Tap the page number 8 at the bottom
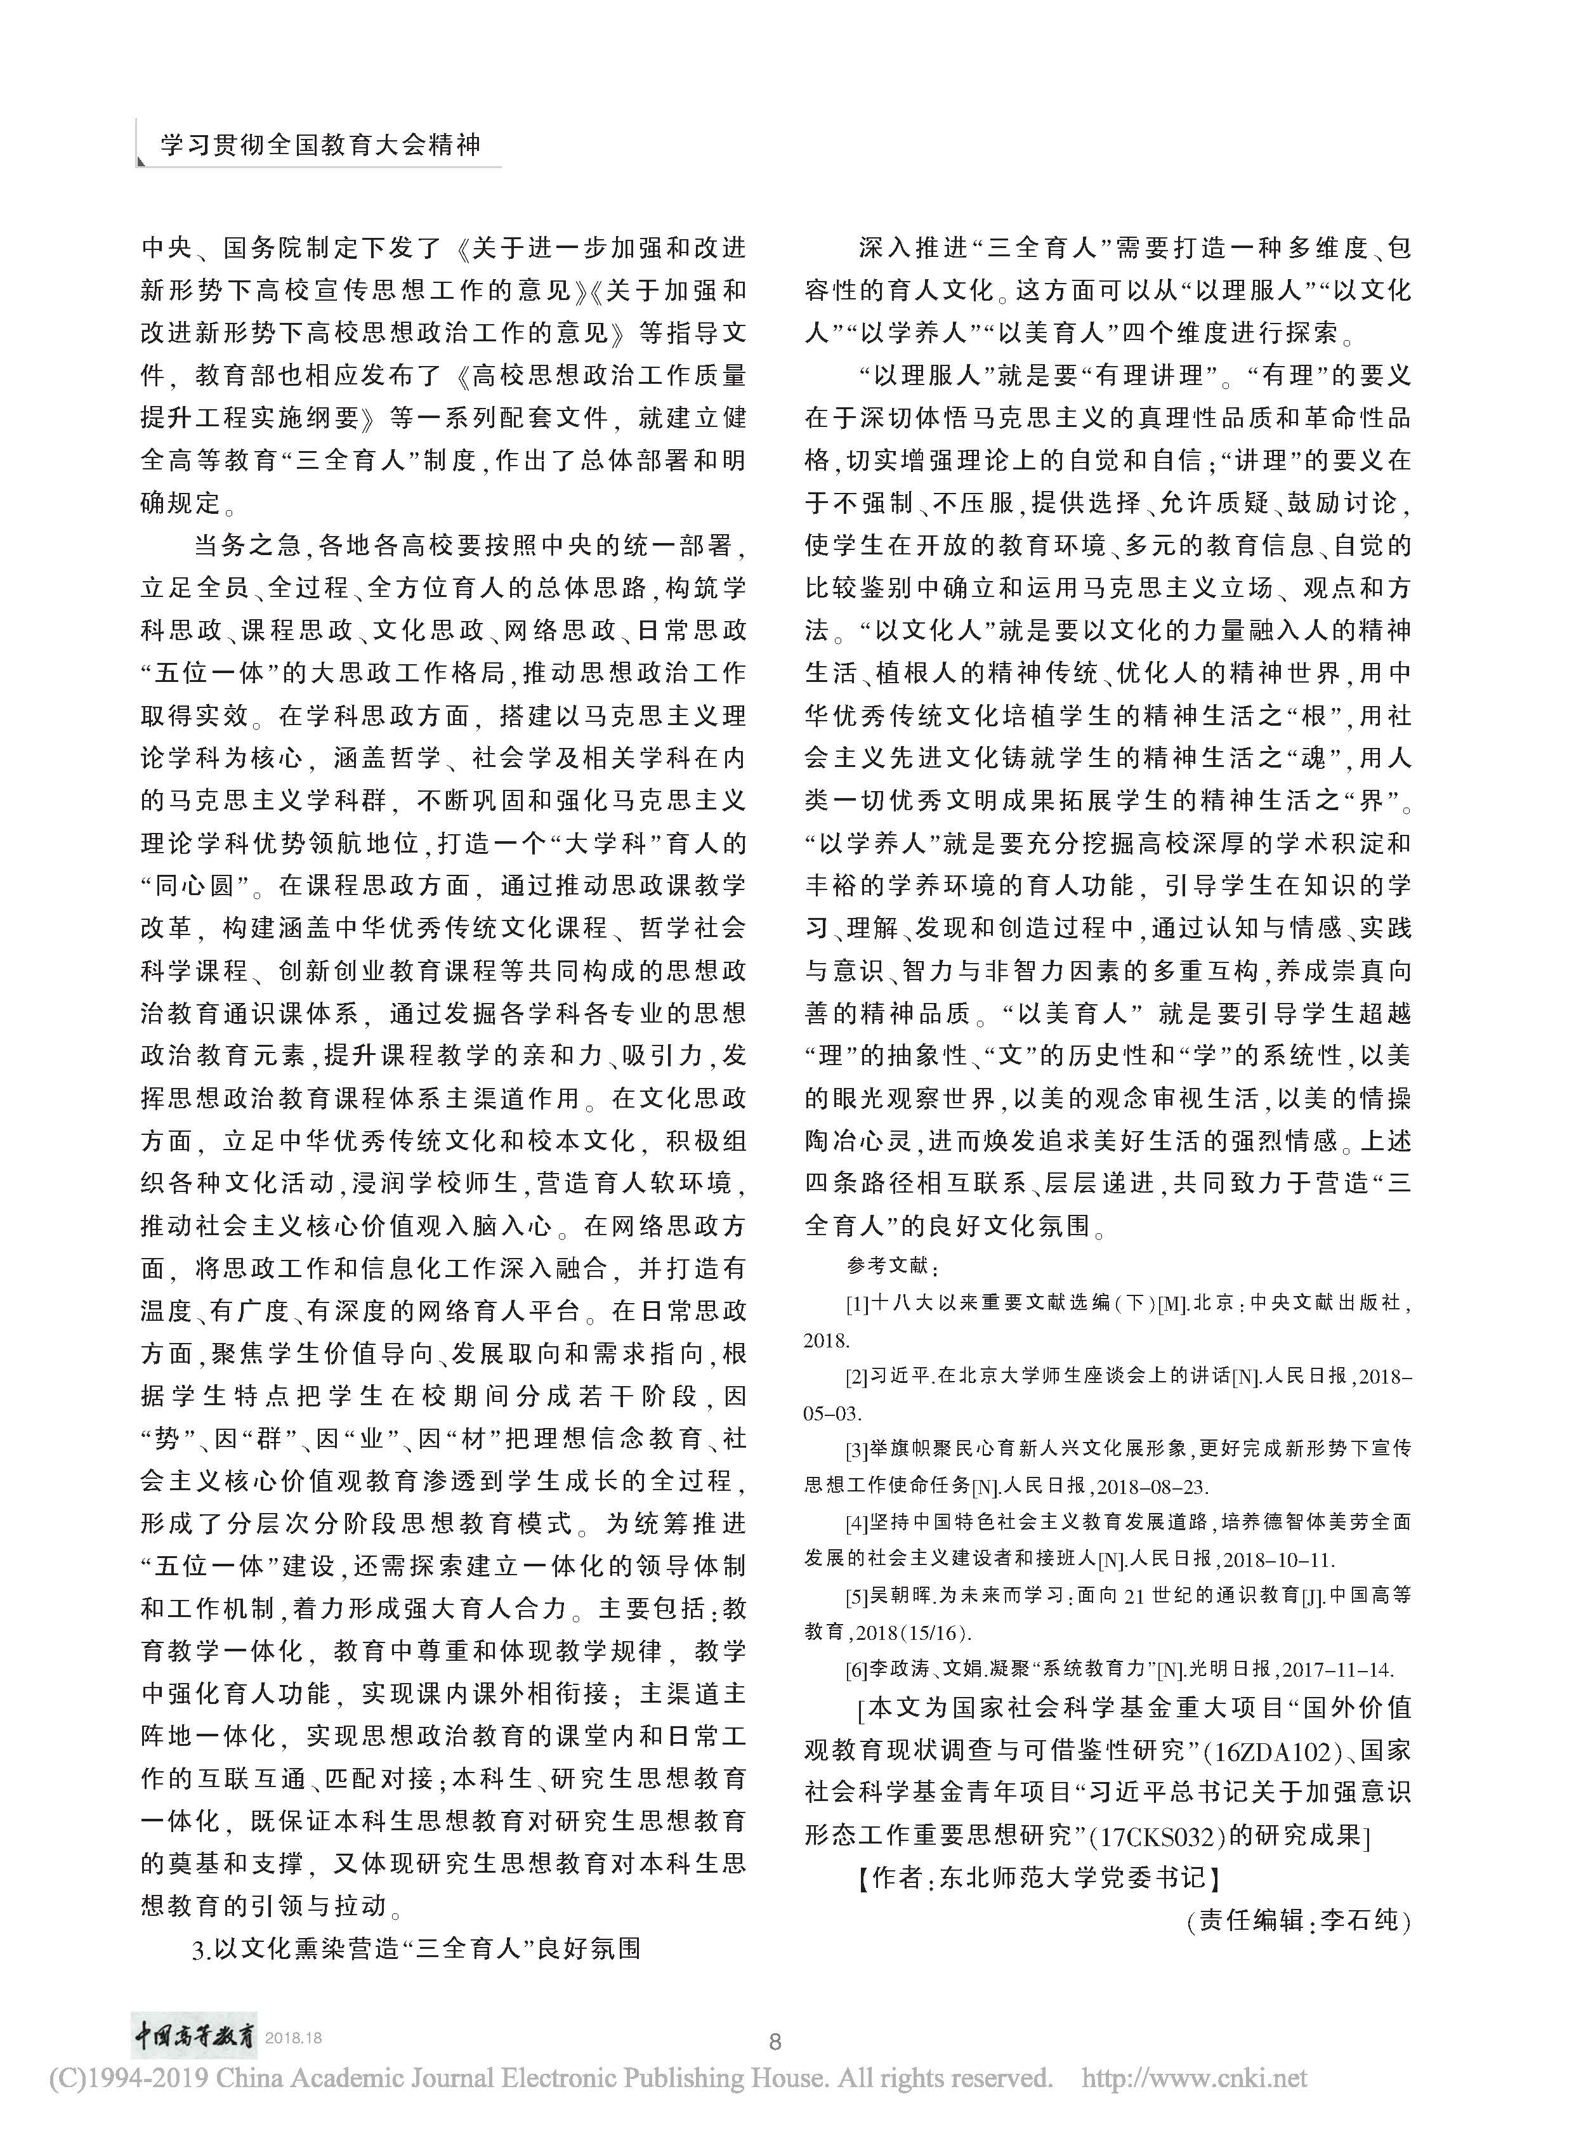click(775, 2041)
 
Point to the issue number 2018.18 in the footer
click(294, 2039)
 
